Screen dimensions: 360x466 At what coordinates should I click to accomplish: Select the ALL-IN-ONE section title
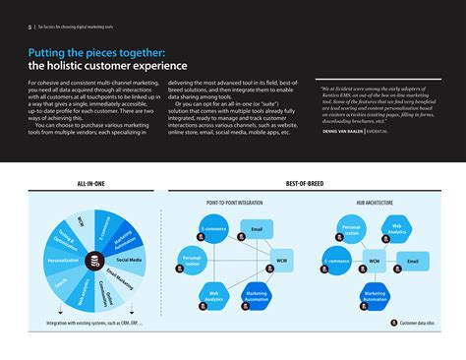coord(93,184)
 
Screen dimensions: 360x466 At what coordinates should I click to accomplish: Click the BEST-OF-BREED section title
coord(305,184)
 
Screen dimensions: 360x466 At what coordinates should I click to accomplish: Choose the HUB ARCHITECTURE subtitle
coord(375,203)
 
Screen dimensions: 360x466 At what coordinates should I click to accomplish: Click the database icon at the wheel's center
coord(92,262)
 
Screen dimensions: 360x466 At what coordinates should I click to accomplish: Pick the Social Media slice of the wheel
coord(129,260)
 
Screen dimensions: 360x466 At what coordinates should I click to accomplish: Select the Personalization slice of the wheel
coord(62,261)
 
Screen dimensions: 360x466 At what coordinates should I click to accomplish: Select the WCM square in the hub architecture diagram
coord(374,262)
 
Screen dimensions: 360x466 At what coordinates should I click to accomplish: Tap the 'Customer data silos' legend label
coord(420,322)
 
